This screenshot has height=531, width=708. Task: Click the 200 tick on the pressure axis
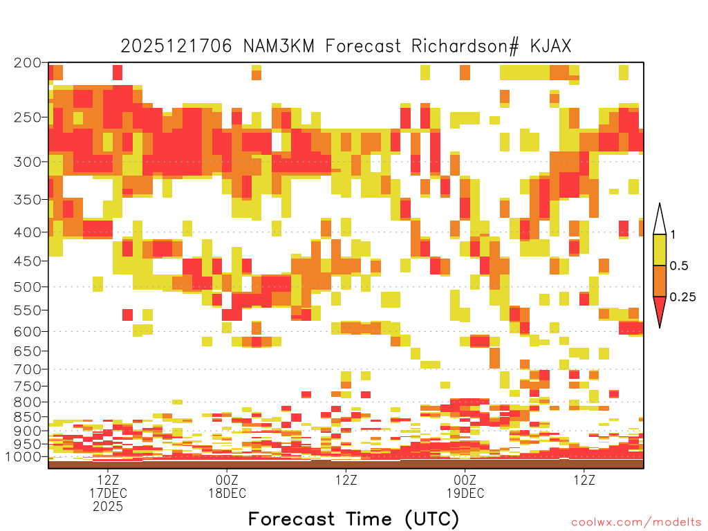point(27,63)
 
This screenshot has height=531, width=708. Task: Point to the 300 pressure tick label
point(27,162)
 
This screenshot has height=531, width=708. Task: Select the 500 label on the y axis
point(27,287)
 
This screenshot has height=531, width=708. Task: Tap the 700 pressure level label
point(27,369)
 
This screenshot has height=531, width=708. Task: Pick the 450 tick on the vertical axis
point(27,261)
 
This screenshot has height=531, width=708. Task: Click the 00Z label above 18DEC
point(227,480)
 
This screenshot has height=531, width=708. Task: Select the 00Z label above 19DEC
point(465,480)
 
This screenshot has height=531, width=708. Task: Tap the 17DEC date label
point(108,493)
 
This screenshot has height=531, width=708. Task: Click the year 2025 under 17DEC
point(108,507)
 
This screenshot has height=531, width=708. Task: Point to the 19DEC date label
point(465,493)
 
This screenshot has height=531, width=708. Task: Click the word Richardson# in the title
point(465,46)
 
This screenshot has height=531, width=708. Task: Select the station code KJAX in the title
point(550,46)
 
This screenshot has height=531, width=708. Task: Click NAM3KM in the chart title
point(279,46)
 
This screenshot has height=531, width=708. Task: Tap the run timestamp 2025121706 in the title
point(176,46)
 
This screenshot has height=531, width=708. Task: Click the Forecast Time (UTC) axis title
point(353,519)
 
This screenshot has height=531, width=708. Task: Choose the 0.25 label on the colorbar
point(682,297)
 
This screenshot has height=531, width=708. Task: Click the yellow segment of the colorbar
point(660,250)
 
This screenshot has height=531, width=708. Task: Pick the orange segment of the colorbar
point(660,281)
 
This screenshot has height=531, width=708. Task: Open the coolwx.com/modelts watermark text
point(637,523)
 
